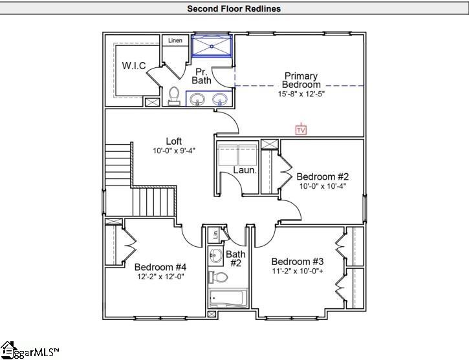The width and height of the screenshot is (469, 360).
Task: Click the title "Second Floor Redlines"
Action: coord(234,8)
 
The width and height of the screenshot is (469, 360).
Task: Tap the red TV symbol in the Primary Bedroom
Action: coord(300,130)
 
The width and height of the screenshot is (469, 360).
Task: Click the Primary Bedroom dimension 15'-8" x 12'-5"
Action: coord(299,94)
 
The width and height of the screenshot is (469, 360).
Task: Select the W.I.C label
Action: coord(134,65)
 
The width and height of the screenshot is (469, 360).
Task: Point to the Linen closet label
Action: coord(175,41)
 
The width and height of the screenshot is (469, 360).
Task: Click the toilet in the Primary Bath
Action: coord(173,96)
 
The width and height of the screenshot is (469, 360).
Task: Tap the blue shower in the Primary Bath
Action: coord(213,46)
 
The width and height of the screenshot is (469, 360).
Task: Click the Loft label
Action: coord(173,141)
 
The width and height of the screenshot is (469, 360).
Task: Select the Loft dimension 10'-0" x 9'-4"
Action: coord(173,151)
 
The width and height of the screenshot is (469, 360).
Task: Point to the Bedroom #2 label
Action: coord(323,176)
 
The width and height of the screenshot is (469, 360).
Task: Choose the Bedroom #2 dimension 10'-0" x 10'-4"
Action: coord(323,186)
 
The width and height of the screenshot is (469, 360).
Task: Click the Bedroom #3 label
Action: coord(298,261)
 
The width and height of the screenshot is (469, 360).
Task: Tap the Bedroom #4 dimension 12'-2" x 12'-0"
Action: coord(160,277)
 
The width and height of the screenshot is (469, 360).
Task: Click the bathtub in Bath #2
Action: coord(226,299)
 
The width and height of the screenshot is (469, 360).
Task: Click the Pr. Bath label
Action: coord(201,76)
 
